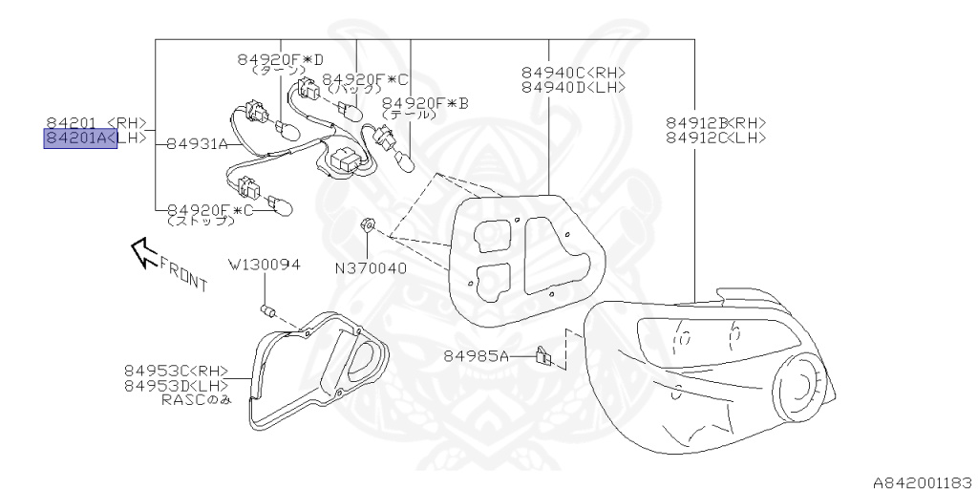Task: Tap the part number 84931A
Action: point(197,145)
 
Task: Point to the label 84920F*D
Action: point(281,59)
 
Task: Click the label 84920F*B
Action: point(425,102)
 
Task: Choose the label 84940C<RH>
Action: point(573,72)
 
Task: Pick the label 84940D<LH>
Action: point(573,87)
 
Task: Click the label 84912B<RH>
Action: point(715,122)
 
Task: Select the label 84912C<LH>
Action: point(715,138)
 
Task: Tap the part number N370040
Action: point(371,268)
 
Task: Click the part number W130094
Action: point(264,264)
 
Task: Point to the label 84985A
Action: point(477,356)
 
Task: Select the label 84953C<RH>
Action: point(176,371)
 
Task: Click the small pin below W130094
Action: point(268,309)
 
